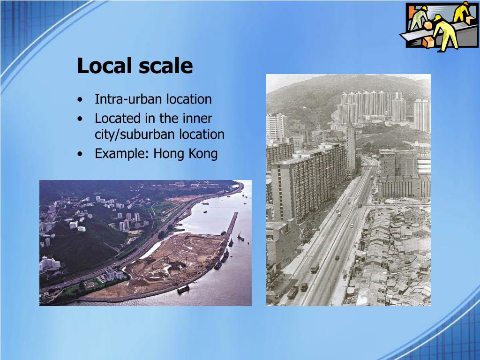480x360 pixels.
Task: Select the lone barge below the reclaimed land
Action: (x=183, y=289)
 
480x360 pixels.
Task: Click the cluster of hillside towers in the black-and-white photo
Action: (x=370, y=105)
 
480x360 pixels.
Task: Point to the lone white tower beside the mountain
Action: (x=421, y=115)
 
